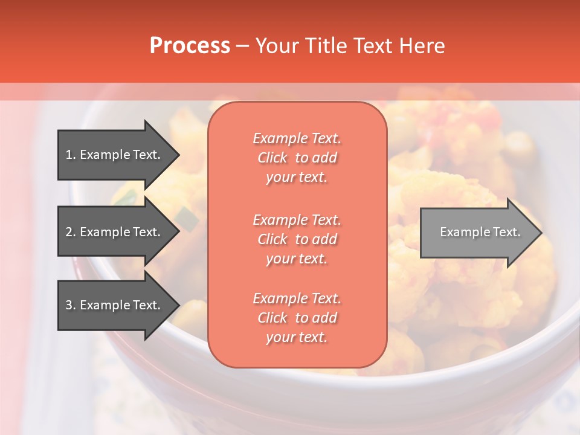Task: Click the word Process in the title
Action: coord(190,46)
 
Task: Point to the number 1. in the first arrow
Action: coord(71,155)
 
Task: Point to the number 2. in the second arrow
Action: coord(71,232)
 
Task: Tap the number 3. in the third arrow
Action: coord(71,305)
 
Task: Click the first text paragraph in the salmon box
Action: coord(297,158)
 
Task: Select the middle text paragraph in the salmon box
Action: coord(297,239)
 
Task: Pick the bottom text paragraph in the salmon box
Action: coord(297,318)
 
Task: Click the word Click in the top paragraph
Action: coord(272,158)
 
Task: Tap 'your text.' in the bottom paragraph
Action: coord(297,337)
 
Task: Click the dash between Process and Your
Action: coord(242,46)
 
